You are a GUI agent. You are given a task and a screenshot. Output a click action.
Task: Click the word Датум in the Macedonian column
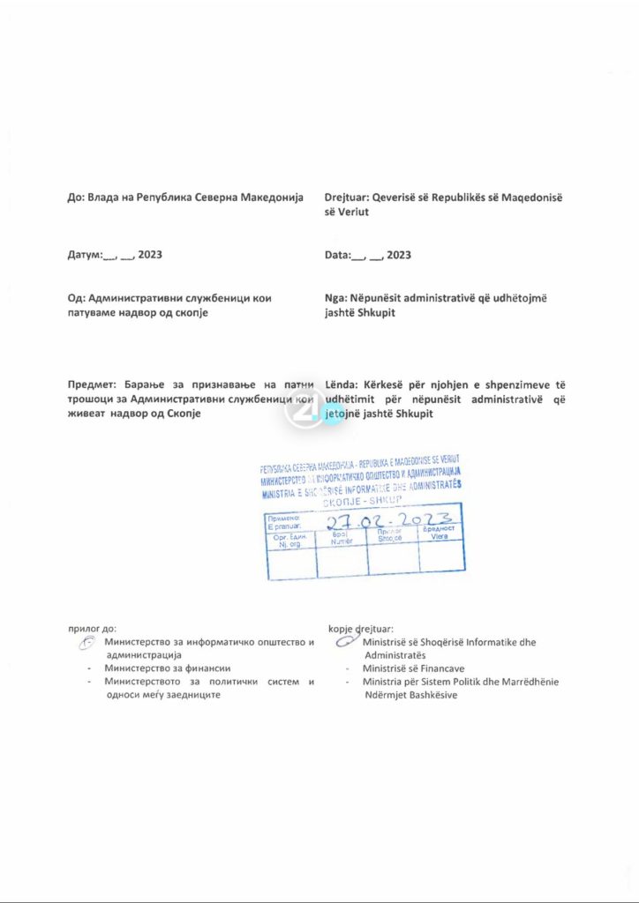point(85,255)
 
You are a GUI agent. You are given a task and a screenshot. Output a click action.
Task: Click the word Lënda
point(343,385)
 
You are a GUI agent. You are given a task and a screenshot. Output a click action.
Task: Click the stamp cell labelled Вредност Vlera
point(442,534)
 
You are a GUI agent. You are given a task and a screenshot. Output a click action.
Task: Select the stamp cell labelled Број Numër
point(341,538)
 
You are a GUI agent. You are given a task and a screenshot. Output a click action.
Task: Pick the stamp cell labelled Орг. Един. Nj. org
point(290,540)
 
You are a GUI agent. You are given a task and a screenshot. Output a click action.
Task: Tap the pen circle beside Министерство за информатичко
point(86,644)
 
